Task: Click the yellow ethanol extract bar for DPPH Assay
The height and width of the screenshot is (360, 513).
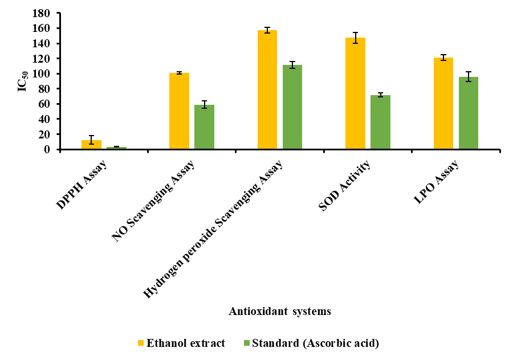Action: [x=91, y=145]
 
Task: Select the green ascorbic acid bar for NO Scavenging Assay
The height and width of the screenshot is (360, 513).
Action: [x=204, y=127]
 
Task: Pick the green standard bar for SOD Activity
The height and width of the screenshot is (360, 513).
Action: [x=380, y=122]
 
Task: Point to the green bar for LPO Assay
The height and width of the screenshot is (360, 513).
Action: [x=468, y=113]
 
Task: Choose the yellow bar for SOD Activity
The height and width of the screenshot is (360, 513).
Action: [x=355, y=93]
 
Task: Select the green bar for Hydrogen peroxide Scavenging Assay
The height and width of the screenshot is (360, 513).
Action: [x=292, y=107]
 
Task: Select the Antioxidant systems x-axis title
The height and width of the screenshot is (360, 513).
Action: [x=280, y=312]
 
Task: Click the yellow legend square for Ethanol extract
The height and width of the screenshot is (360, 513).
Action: [x=141, y=343]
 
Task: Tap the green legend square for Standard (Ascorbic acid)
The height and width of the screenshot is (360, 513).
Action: [x=246, y=343]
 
